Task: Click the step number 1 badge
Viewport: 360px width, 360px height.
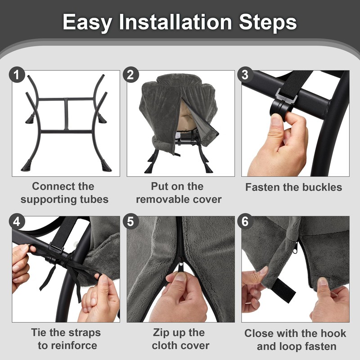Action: [17, 75]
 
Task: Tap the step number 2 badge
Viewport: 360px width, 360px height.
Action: [130, 75]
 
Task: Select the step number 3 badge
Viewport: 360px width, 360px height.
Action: [245, 75]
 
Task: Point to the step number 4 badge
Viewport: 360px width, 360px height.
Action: [17, 221]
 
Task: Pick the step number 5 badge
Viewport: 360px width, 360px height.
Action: [130, 221]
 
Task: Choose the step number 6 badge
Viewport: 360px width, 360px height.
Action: [245, 221]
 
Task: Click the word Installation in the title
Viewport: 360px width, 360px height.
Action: [175, 22]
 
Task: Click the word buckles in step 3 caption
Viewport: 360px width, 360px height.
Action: [322, 187]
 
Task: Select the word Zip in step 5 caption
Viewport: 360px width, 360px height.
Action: [161, 333]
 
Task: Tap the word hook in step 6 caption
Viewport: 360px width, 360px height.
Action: [335, 333]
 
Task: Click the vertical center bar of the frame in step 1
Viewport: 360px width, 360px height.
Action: [66, 114]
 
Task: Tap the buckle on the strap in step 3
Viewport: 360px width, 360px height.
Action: [287, 95]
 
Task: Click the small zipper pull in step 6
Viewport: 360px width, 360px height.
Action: [295, 248]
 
